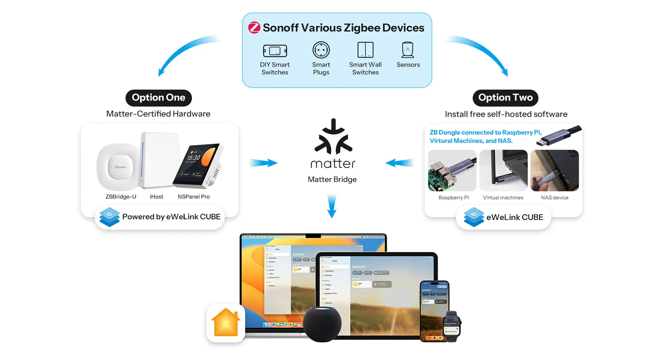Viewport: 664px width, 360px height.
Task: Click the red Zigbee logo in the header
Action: [x=254, y=28]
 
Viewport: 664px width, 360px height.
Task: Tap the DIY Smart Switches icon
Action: [x=275, y=51]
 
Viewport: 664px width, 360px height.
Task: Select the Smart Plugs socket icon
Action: [x=321, y=50]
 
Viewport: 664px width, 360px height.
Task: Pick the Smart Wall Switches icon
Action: [x=365, y=50]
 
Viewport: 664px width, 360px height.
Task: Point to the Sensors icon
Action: [x=408, y=50]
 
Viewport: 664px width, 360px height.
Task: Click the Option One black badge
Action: [x=159, y=98]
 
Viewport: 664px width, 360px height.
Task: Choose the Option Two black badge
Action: [x=505, y=98]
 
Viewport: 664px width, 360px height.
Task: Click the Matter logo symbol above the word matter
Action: [x=333, y=137]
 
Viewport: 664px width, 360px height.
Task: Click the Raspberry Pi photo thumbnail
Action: [x=452, y=170]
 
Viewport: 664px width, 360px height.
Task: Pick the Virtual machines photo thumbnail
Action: [x=503, y=170]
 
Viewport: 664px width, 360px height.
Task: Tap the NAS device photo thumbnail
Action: [x=554, y=170]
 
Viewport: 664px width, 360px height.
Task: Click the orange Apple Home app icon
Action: [x=226, y=323]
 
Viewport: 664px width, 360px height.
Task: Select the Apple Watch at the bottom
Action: [x=452, y=326]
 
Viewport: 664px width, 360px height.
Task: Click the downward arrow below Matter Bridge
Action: [x=332, y=207]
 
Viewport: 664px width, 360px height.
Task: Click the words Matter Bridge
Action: [x=332, y=180]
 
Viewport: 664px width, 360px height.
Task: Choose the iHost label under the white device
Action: [x=156, y=197]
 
